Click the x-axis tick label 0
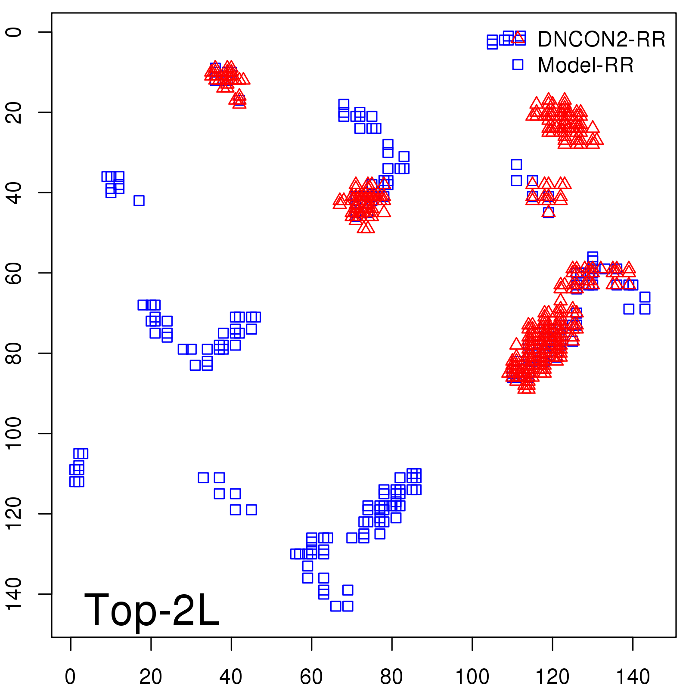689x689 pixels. pos(70,677)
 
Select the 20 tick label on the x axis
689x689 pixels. pos(151,677)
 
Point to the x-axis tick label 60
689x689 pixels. pos(311,677)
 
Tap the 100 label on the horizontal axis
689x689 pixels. pos(472,677)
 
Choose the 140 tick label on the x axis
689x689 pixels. pos(633,677)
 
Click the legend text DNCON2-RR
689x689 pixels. pos(601,40)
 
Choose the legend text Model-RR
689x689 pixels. pos(586,65)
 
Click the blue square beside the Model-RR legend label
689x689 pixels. pos(518,65)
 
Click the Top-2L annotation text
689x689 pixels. pos(152,610)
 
